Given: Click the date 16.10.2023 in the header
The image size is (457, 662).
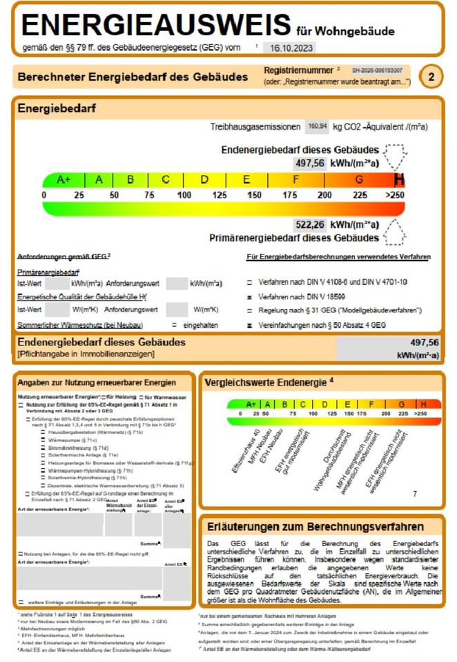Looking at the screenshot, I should point(288,48).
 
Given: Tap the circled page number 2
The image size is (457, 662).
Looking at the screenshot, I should point(431,77).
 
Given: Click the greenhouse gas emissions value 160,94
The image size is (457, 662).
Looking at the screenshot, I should point(318,127).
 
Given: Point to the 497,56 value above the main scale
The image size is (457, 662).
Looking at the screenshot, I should point(309,163).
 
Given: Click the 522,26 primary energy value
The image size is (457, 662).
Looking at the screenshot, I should point(309,225).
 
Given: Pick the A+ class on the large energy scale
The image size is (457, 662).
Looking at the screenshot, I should point(64,180).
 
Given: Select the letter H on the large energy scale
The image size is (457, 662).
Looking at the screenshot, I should point(399,180).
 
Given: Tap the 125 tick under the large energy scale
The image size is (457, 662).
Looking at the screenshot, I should point(220,195).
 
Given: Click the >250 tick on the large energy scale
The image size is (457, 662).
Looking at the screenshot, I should point(395,195).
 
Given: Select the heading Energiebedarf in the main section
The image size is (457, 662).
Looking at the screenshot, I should point(57,109).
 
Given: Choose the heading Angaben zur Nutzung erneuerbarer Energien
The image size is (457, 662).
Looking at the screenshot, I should point(97,382).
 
